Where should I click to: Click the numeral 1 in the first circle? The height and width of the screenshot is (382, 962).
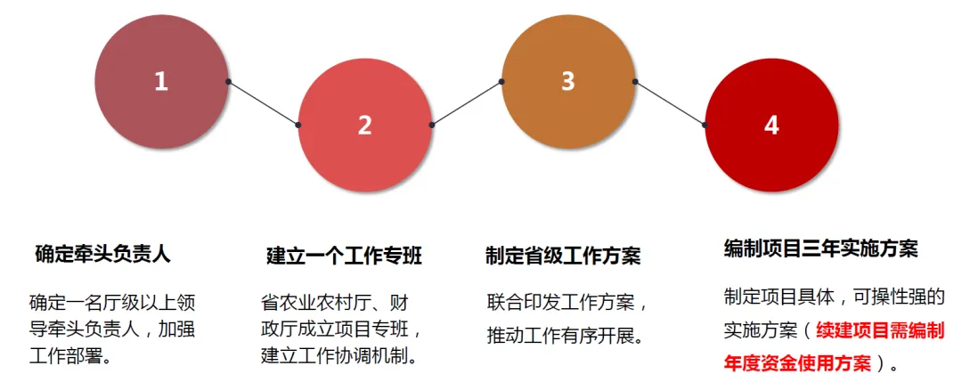[x=161, y=82]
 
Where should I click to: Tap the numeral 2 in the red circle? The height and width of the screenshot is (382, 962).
[x=364, y=126]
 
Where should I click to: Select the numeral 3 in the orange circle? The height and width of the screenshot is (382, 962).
[x=568, y=81]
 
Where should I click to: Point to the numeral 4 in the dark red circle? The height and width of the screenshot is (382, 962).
[x=771, y=126]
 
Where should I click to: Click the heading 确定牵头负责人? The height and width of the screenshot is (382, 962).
[x=102, y=254]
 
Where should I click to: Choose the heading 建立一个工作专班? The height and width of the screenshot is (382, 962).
[x=344, y=256]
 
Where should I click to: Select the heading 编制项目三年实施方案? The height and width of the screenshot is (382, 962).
[x=820, y=248]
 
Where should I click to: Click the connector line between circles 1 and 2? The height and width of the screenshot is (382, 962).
[x=264, y=103]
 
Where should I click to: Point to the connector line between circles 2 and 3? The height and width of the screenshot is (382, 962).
[x=467, y=103]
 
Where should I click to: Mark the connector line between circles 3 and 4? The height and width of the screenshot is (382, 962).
[x=670, y=103]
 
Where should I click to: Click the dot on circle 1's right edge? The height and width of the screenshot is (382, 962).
[x=229, y=82]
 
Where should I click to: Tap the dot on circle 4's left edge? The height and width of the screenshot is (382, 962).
[x=705, y=125]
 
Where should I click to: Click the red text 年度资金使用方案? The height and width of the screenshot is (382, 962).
[x=796, y=363]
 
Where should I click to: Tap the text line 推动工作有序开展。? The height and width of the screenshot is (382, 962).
[x=565, y=337]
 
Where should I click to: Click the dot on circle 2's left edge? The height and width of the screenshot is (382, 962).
[x=298, y=125]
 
